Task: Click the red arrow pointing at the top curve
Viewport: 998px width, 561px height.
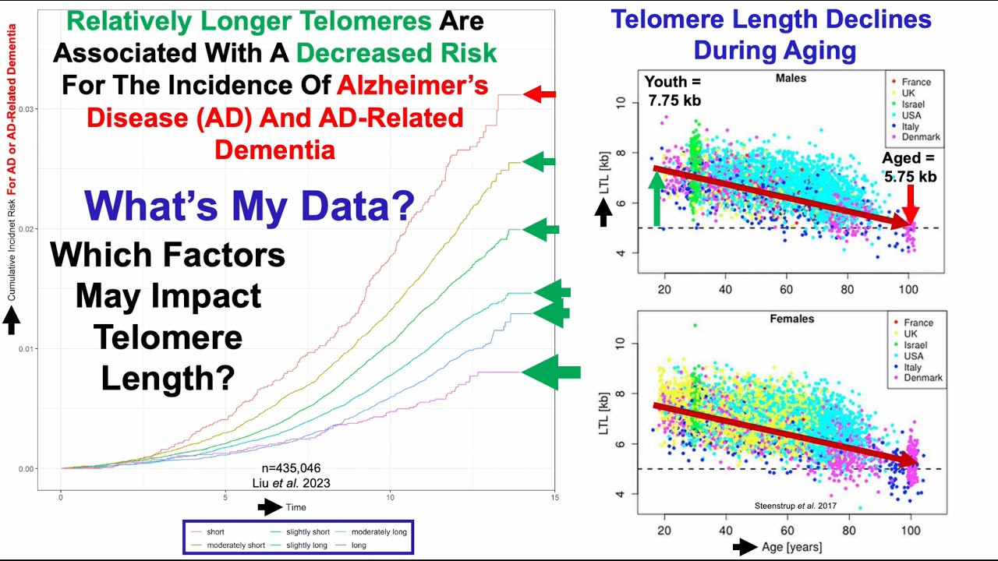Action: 540,95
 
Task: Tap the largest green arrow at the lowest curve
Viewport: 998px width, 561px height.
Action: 551,372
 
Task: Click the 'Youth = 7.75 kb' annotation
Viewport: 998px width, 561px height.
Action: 674,90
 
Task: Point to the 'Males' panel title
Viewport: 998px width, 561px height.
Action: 791,78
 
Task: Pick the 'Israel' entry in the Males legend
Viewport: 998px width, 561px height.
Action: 914,104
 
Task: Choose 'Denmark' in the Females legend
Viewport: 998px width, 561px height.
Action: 922,378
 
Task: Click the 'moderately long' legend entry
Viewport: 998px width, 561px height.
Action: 378,531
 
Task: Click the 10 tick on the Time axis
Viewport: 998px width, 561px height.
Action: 390,496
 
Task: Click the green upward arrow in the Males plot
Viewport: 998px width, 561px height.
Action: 656,198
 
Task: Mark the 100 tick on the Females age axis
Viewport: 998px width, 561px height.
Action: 908,530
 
